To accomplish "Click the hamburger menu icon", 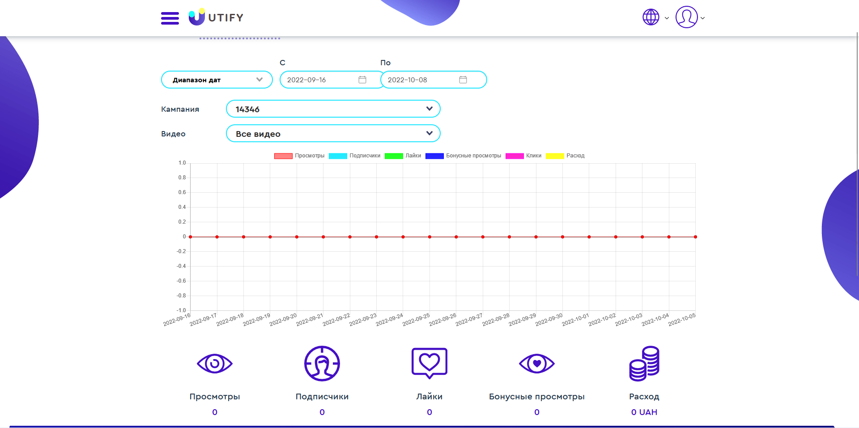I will pyautogui.click(x=170, y=18).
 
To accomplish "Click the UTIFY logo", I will pyautogui.click(x=216, y=17).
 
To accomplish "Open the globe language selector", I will pyautogui.click(x=651, y=17).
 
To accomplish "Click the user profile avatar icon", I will pyautogui.click(x=686, y=17).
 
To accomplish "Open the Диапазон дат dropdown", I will pyautogui.click(x=217, y=80).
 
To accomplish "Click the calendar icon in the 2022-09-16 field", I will pyautogui.click(x=362, y=80).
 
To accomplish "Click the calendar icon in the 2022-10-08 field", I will pyautogui.click(x=463, y=80).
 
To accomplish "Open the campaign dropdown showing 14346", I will pyautogui.click(x=333, y=109).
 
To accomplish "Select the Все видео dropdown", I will pyautogui.click(x=333, y=133).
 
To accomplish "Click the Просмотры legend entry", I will pyautogui.click(x=299, y=156).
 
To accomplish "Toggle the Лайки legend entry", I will pyautogui.click(x=403, y=156).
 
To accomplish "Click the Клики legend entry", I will pyautogui.click(x=523, y=156).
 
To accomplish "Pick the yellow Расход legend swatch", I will pyautogui.click(x=555, y=156).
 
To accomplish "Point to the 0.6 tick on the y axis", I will pyautogui.click(x=182, y=192).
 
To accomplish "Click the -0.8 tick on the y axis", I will pyautogui.click(x=181, y=296).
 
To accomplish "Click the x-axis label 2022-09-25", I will pyautogui.click(x=416, y=320).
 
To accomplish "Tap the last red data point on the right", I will pyautogui.click(x=695, y=237).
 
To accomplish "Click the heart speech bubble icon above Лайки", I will pyautogui.click(x=429, y=363).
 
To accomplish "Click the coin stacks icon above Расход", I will pyautogui.click(x=644, y=363).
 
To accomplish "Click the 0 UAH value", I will pyautogui.click(x=644, y=412).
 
